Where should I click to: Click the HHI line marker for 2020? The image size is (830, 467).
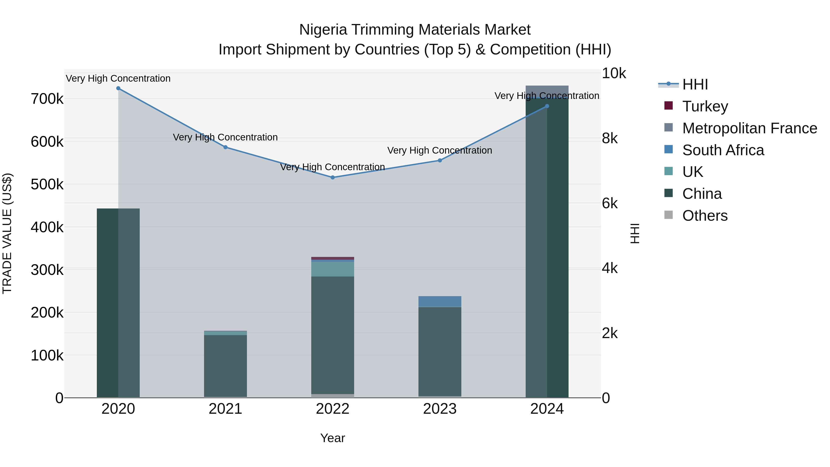coord(118,88)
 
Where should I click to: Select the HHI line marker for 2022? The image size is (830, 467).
coord(332,177)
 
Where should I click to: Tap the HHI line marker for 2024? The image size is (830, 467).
coord(547,106)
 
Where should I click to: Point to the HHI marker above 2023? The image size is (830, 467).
coord(440,161)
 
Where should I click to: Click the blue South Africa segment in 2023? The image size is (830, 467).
coord(440,301)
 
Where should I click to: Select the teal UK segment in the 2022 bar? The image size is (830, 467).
coord(332,269)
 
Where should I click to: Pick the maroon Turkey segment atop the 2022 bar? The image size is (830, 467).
coord(332,258)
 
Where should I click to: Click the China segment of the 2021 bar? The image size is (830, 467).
coord(225,366)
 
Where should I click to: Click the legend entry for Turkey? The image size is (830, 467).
coord(705,106)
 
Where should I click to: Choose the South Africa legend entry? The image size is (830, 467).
coord(723,150)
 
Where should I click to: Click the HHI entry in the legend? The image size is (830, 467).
coord(695,84)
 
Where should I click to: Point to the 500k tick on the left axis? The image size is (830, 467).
coord(47,184)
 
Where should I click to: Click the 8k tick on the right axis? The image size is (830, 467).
coord(610,138)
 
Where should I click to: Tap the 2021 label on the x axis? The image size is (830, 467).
coord(225,409)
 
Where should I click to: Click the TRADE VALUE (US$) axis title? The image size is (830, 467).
coord(7,233)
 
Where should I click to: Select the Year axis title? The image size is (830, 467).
coord(332,438)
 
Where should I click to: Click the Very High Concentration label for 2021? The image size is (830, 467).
coord(225,137)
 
